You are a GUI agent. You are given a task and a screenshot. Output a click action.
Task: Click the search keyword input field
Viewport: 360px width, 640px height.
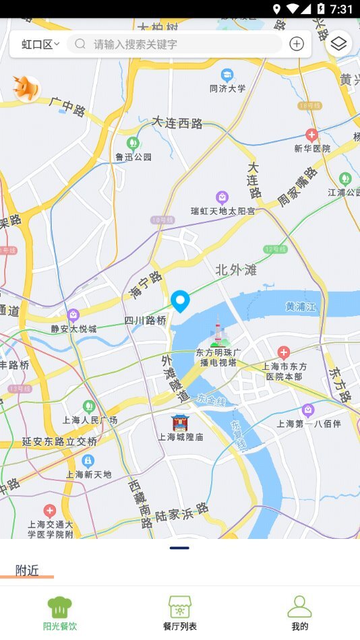pos(175,44)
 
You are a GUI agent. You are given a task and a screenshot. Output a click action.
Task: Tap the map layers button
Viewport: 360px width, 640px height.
pos(338,44)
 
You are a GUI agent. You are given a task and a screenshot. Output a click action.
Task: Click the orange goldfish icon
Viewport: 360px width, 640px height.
pos(27,88)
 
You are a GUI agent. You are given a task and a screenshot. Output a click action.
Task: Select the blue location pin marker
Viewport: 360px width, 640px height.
pos(180,300)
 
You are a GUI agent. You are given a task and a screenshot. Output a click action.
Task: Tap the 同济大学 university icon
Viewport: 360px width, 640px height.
pos(227,74)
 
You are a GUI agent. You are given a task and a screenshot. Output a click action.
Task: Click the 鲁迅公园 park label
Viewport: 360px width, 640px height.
pos(133,157)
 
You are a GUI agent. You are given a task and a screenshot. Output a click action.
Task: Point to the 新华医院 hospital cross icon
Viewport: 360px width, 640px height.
pos(311,135)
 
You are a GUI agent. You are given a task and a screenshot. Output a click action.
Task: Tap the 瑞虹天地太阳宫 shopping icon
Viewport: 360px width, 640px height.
pos(222,197)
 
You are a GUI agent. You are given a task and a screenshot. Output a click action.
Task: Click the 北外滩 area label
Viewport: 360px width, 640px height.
pos(236,270)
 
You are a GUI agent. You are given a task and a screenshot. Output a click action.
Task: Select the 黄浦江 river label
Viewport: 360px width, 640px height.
pos(300,307)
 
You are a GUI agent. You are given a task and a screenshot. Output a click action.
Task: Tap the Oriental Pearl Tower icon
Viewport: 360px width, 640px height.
pos(218,333)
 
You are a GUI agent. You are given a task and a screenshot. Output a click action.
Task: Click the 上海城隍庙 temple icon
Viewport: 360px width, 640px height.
pos(180,422)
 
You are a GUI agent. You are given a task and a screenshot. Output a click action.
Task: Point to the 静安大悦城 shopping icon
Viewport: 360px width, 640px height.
pos(73,315)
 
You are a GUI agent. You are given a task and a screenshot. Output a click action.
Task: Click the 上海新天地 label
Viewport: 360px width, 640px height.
pos(88,474)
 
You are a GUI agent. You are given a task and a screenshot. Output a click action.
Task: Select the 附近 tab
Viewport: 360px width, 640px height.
pos(27,570)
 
